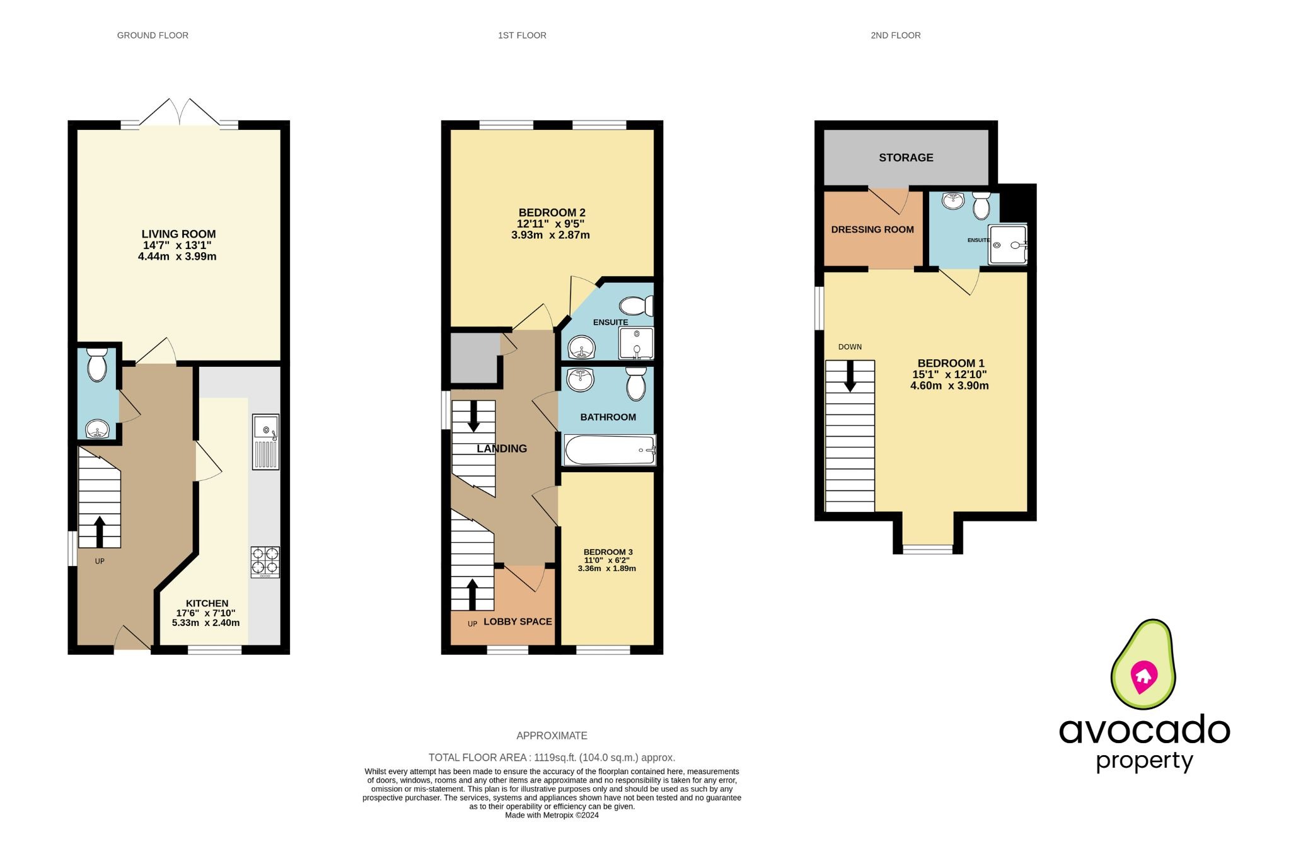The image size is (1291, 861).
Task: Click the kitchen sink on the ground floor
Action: tap(265, 441)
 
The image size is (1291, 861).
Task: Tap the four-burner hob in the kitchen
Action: tap(265, 562)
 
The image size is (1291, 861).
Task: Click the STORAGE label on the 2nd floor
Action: tap(906, 158)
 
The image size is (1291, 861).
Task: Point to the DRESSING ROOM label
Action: tap(872, 229)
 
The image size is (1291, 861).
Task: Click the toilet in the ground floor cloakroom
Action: tap(97, 365)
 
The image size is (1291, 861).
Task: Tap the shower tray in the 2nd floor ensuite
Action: tap(1007, 245)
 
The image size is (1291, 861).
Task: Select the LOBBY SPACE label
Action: tap(518, 621)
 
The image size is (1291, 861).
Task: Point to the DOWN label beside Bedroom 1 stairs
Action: tap(850, 347)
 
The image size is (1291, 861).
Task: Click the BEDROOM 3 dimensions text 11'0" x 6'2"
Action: tap(608, 560)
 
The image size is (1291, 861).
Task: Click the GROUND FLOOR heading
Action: tap(153, 35)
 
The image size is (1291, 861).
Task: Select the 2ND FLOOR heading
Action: tap(895, 35)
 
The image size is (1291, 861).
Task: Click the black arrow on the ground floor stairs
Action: tap(100, 531)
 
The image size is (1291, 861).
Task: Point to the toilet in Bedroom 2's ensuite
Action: tap(635, 307)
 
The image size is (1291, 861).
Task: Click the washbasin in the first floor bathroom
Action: tap(580, 379)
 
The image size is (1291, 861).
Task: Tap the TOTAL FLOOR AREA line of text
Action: tap(552, 758)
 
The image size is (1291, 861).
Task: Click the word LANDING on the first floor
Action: tap(502, 449)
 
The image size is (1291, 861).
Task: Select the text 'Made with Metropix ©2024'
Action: tap(552, 815)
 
